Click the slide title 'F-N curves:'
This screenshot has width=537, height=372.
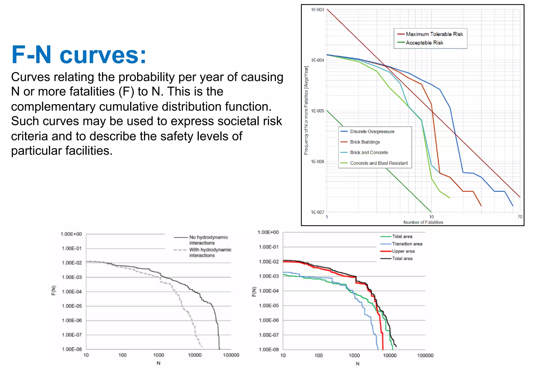coord(79,55)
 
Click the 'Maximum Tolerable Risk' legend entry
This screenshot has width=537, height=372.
coord(434,34)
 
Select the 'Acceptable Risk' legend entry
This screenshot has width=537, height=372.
coord(424,43)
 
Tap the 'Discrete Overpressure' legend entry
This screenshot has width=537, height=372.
coord(372,131)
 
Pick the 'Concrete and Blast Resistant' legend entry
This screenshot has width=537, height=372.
coord(379,163)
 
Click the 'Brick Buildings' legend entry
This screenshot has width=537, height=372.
coord(365,142)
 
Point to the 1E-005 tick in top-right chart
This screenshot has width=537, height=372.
coord(317,111)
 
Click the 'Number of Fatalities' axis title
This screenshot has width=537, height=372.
coord(423,222)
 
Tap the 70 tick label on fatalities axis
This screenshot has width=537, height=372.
coord(520,217)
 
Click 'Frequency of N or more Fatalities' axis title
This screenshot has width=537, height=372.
coord(306,110)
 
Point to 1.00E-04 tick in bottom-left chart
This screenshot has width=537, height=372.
coord(72,292)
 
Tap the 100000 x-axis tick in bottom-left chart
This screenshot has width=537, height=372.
coord(231,355)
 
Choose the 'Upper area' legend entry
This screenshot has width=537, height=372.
coord(403,251)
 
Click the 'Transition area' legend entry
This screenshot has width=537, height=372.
coord(407,244)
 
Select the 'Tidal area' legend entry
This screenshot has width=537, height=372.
coord(402,236)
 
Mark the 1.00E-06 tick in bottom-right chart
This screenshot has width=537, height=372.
coord(269,320)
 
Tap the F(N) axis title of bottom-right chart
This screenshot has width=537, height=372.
coord(254,291)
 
